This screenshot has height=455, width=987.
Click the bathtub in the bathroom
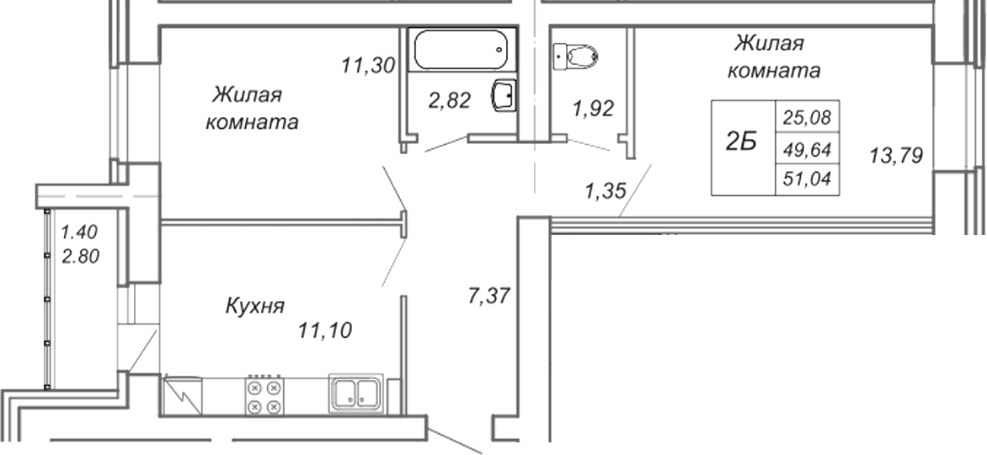point(462,49)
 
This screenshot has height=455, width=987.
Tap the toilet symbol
point(574,56)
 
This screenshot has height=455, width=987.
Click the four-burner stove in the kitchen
point(264,396)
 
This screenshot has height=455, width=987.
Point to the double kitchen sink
point(355,392)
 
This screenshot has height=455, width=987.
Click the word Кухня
point(255,306)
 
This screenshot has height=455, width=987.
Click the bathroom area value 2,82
point(450,100)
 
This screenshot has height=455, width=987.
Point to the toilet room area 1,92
point(592,109)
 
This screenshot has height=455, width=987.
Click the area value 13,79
point(896,154)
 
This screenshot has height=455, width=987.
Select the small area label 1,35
point(606,190)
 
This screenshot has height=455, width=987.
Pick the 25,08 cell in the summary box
point(807,116)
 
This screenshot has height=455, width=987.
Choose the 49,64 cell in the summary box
point(807,149)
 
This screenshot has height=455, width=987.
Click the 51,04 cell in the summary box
point(807,179)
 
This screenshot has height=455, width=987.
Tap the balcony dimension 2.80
point(80,256)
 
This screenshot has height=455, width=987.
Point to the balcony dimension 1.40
point(80,232)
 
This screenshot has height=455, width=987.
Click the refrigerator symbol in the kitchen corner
point(183,396)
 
